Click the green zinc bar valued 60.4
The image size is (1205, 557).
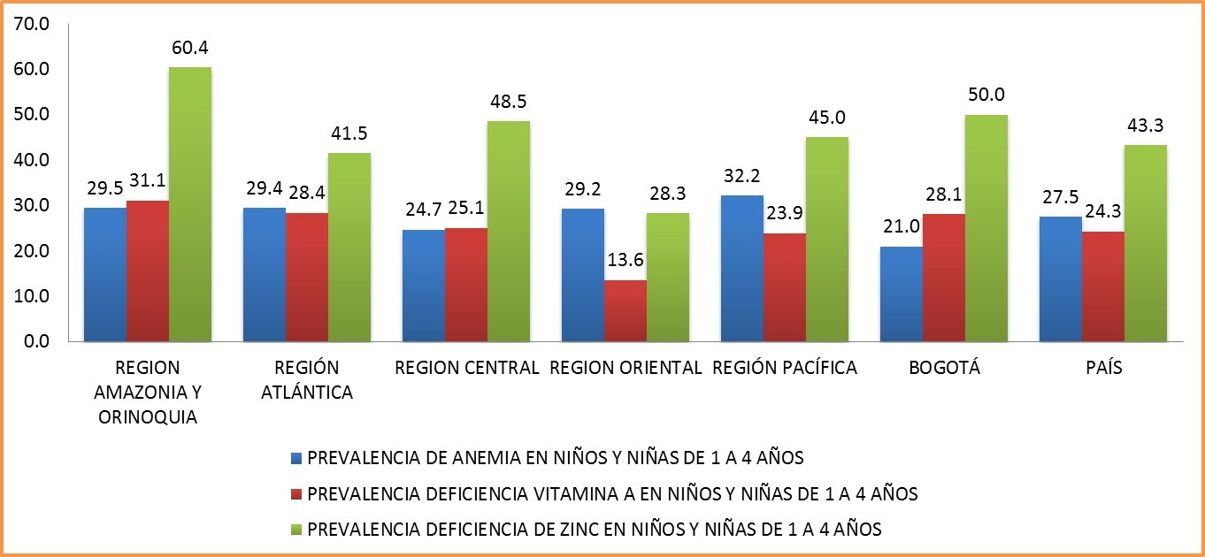tap(190, 204)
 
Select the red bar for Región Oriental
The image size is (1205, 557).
tap(625, 310)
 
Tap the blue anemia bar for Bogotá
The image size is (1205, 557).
tap(901, 294)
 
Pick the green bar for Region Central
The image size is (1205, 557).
tap(508, 231)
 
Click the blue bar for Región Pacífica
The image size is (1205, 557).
tap(741, 268)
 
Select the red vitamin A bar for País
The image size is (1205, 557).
tap(1102, 286)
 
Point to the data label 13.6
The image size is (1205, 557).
tap(625, 263)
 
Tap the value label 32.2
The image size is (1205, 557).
tap(741, 177)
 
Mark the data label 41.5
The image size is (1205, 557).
tap(349, 134)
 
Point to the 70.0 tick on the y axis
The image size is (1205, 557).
tap(31, 24)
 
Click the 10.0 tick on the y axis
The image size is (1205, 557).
tap(31, 296)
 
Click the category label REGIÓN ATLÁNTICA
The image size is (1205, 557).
tap(306, 380)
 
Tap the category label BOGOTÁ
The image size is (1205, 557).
tap(944, 369)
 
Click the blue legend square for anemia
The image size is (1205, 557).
tap(296, 459)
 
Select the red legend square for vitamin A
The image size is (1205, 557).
tap(296, 494)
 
